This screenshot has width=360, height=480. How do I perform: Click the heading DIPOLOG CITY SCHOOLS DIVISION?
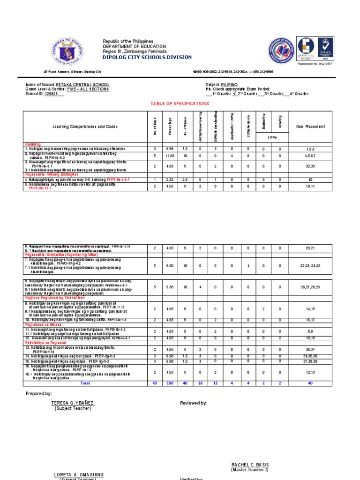147,57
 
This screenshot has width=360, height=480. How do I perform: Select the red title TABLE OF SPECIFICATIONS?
180,103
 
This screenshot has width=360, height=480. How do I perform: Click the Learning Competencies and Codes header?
85,127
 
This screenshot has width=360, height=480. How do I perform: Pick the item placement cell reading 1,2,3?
310,149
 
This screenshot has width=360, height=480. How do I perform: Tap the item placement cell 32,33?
310,166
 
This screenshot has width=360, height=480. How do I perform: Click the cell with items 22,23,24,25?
310,266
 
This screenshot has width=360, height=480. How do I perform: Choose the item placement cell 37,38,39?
310,362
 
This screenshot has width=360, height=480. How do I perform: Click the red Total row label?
85,383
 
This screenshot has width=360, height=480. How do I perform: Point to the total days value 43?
155,383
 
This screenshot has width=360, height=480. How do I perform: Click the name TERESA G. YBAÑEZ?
73,403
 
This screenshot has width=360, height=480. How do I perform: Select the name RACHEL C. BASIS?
250,465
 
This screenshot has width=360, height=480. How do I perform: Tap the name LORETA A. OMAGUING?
79,475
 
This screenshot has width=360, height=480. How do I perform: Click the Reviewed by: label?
193,403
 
